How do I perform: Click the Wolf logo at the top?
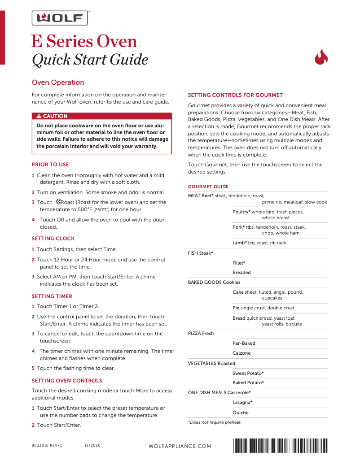click(x=59, y=18)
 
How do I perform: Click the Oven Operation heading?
click(x=58, y=83)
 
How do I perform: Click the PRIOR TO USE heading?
click(x=50, y=165)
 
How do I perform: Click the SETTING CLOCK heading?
click(x=53, y=239)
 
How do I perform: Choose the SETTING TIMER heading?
click(x=52, y=296)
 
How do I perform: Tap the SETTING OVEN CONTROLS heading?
click(x=67, y=381)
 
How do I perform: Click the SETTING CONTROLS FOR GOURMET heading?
click(x=235, y=95)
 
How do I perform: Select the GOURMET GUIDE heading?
click(x=208, y=187)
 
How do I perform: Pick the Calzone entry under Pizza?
click(x=241, y=353)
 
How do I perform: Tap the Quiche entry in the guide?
click(x=240, y=413)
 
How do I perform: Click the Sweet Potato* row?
click(x=248, y=373)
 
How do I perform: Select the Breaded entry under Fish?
click(x=241, y=273)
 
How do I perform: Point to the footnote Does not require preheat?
click(x=215, y=422)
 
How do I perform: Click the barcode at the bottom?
click(x=281, y=446)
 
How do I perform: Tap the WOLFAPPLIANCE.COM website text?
click(x=180, y=446)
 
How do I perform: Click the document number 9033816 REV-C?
click(x=47, y=446)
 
